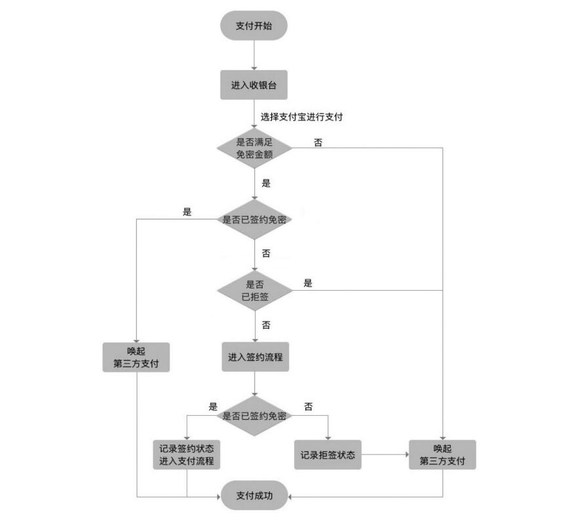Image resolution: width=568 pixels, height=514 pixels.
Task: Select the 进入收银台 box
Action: pyautogui.click(x=254, y=85)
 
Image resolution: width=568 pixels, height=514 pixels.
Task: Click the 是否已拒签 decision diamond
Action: pyautogui.click(x=254, y=289)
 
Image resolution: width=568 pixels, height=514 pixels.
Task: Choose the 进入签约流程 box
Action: pyautogui.click(x=254, y=358)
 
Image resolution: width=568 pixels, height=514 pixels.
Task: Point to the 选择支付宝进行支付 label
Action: pyautogui.click(x=302, y=117)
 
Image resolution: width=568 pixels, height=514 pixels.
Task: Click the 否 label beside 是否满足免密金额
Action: pyautogui.click(x=318, y=141)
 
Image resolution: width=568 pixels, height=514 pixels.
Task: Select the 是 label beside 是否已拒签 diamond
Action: pyautogui.click(x=308, y=283)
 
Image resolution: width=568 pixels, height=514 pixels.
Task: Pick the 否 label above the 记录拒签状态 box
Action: pyautogui.click(x=308, y=407)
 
